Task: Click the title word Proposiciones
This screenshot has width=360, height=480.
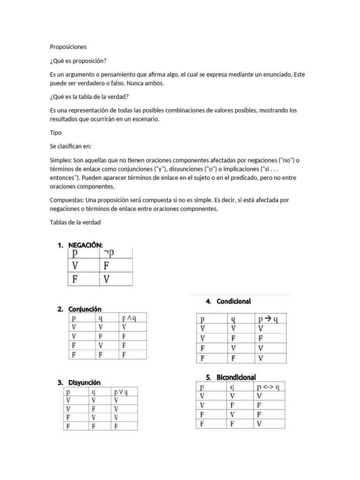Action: coord(68,47)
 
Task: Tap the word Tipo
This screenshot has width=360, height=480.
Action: coord(55,133)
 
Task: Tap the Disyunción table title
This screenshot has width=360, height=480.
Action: coord(84,382)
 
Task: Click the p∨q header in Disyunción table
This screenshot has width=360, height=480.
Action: coord(120,391)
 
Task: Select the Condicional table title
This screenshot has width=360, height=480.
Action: coord(233,301)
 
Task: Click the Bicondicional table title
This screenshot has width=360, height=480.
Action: coord(236,377)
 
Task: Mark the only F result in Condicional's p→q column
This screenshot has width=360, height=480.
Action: coord(261,338)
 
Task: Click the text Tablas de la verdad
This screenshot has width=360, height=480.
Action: coord(75,222)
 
